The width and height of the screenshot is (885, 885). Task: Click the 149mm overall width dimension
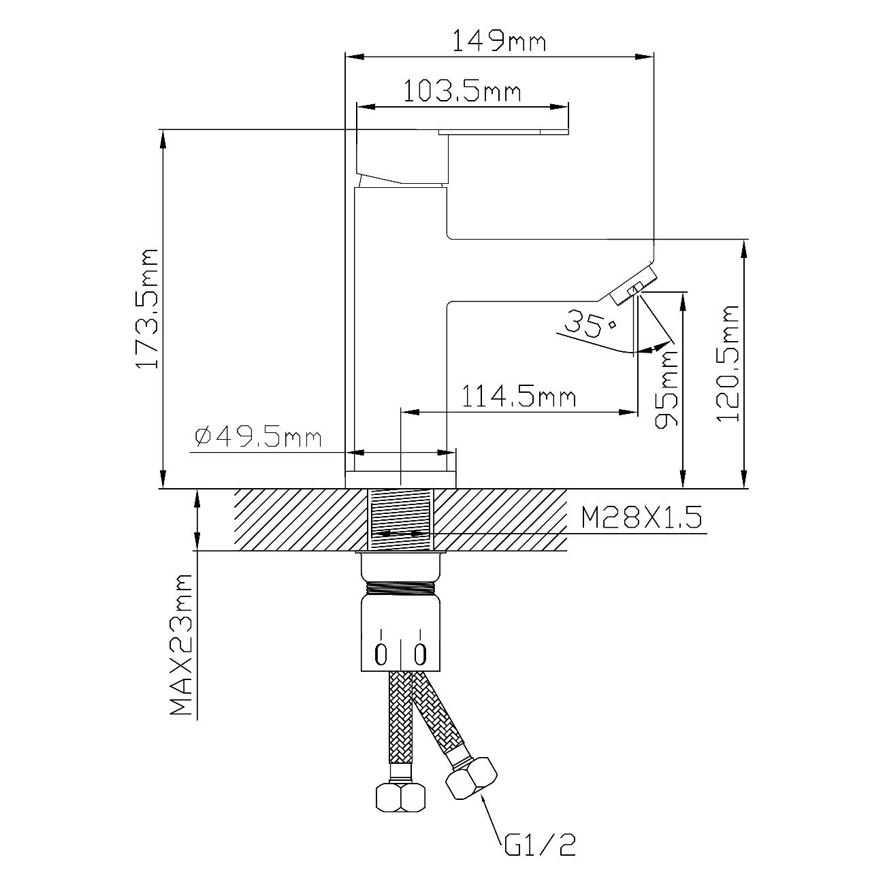[499, 43]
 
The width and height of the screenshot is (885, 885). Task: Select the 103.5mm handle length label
[462, 92]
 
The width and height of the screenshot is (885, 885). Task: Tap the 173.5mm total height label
[148, 308]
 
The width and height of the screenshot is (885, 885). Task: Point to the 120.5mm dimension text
[727, 363]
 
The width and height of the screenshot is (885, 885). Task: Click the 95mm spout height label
[666, 389]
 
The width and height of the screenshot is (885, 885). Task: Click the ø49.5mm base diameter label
[258, 437]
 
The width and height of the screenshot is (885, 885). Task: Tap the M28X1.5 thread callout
[641, 518]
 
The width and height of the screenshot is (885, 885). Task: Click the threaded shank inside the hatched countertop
[401, 519]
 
